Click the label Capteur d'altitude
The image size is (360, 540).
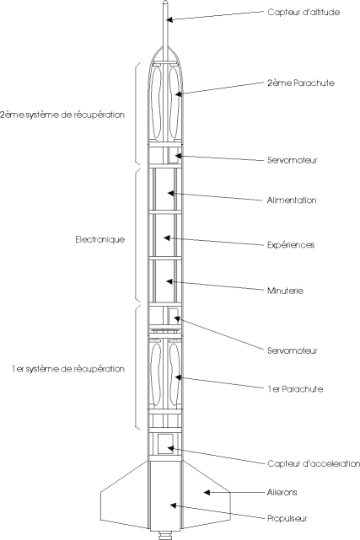point(304,13)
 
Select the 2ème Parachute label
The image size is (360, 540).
point(301,83)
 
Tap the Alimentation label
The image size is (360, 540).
point(292,200)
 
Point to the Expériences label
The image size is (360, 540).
point(291,245)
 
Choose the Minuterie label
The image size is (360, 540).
point(285,291)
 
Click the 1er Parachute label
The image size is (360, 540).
point(295,389)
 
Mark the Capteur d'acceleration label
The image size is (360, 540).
point(314,463)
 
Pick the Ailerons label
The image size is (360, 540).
point(282,493)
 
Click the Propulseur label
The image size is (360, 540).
point(287,519)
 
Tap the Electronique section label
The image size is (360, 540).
point(99,239)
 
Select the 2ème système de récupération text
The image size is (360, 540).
point(62,115)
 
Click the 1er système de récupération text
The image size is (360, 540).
point(68,369)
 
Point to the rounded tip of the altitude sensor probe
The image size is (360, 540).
point(166,2)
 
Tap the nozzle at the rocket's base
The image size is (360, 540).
point(165,535)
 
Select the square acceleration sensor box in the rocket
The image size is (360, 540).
point(166,444)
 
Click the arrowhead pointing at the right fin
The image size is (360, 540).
point(206,493)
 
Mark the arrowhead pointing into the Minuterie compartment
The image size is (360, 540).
point(169,281)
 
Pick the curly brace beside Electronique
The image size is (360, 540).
point(137,235)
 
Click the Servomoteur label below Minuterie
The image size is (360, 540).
point(293,351)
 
